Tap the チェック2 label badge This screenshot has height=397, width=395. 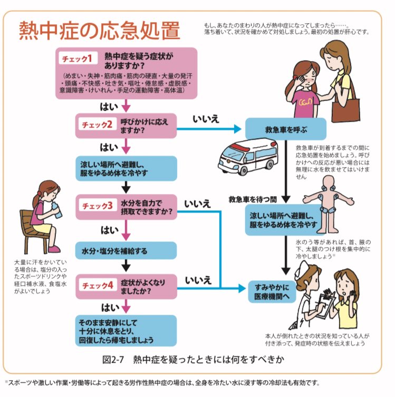click(98, 124)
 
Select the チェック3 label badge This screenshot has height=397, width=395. click(98, 206)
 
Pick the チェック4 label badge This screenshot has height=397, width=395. click(98, 286)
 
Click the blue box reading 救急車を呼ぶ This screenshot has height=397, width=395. click(286, 129)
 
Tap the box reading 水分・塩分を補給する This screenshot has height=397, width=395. click(126, 250)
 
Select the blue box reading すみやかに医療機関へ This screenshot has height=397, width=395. click(272, 292)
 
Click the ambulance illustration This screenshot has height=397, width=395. click(248, 156)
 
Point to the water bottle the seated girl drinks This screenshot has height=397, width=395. click(56, 209)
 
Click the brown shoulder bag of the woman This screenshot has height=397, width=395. click(345, 110)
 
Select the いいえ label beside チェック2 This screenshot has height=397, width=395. click(206, 119)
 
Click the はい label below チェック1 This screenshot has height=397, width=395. click(109, 107)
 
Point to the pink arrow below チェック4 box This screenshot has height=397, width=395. click(126, 306)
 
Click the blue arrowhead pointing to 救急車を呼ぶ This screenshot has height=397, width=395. click(237, 129)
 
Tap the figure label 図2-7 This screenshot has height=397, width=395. click(113, 360)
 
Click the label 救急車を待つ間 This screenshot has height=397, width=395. click(253, 199)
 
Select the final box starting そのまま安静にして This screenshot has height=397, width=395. click(126, 331)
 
